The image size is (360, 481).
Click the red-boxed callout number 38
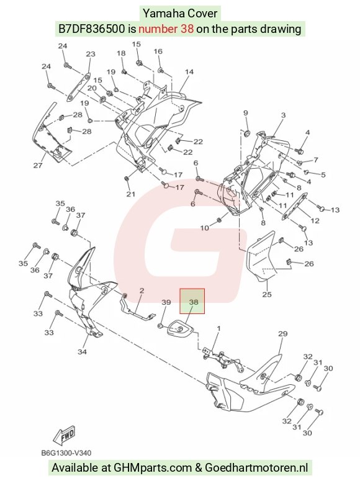pos(194,302)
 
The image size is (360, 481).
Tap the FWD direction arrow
pos(65,434)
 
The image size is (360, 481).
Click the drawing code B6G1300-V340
pos(66,453)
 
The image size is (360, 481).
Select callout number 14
pos(189,72)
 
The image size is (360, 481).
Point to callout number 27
pos(38,165)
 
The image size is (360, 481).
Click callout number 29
pos(282,333)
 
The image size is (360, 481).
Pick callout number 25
pos(267,294)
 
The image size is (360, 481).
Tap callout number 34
pos(82,352)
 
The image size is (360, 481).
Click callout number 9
pos(246,113)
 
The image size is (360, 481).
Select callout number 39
pos(166,302)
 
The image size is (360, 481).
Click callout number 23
pos(91,54)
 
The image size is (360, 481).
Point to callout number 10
pos(205,228)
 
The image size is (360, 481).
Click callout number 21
pos(131,194)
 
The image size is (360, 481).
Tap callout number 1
pos(219,328)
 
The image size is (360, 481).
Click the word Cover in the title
pos(202,14)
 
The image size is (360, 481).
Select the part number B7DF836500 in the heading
pos(92,29)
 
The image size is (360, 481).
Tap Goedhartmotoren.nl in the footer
pos(256,468)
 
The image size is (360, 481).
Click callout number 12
pos(315,220)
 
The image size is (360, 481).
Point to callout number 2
pos(142,290)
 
